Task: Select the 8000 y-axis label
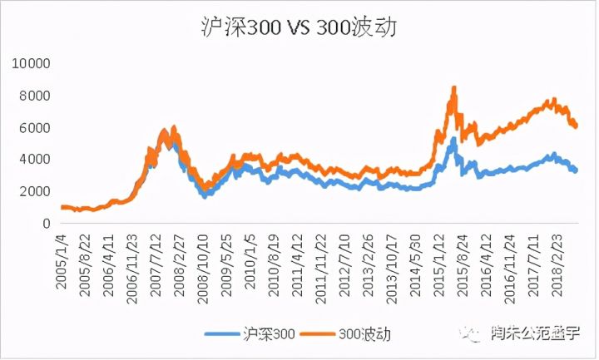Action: click(33, 96)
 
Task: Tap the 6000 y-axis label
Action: click(33, 127)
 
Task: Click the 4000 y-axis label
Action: click(33, 159)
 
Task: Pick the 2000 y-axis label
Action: click(33, 191)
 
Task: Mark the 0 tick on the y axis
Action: click(47, 223)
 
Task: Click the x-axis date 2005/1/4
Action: click(62, 259)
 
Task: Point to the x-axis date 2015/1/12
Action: click(439, 262)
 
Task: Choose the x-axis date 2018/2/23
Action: click(557, 262)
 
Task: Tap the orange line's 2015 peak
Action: click(453, 87)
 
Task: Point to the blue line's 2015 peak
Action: click(453, 140)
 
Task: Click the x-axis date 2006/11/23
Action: click(132, 264)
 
